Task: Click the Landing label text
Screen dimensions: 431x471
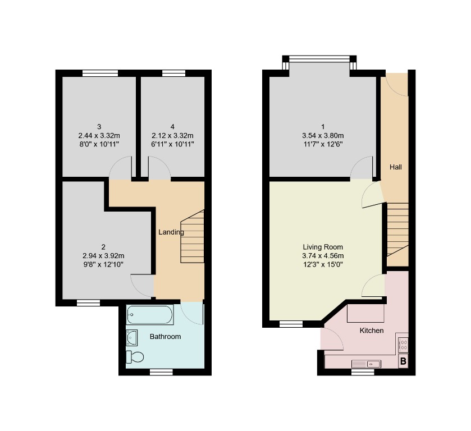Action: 171,232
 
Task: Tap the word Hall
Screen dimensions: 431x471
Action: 396,167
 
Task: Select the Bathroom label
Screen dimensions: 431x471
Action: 165,337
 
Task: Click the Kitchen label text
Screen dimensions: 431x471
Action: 371,331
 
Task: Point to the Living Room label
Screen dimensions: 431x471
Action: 322,247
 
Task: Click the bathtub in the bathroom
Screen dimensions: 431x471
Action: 150,315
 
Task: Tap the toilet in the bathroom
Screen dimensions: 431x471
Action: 135,356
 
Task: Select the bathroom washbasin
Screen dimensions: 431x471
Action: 132,338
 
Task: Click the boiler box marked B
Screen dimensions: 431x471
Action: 403,362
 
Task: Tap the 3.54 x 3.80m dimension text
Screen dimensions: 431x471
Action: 322,136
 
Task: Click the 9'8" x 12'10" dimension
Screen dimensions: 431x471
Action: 103,264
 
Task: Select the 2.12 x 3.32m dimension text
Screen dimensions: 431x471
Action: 172,136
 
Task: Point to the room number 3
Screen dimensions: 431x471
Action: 99,126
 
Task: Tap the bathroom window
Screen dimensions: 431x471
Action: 161,372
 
